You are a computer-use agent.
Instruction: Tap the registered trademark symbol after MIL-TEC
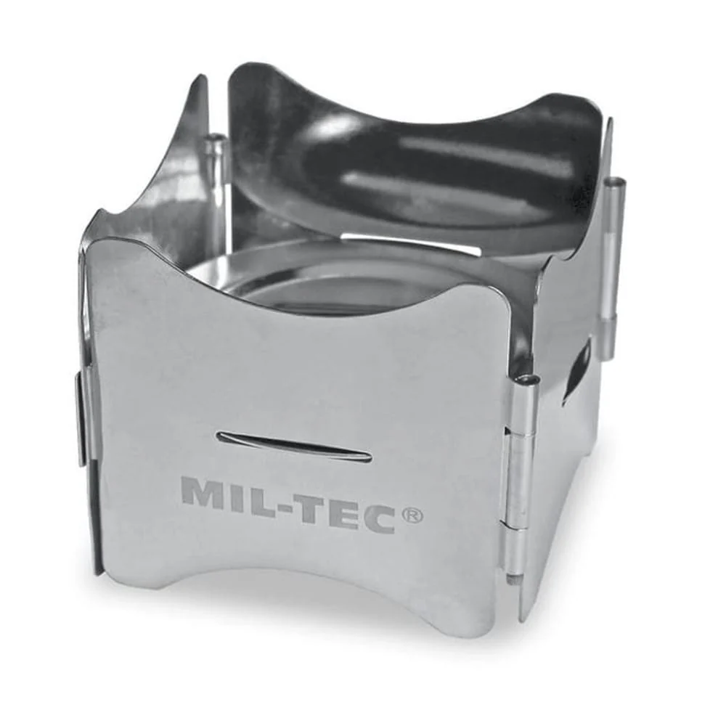(x=412, y=515)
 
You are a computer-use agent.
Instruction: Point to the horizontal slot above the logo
(x=294, y=446)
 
